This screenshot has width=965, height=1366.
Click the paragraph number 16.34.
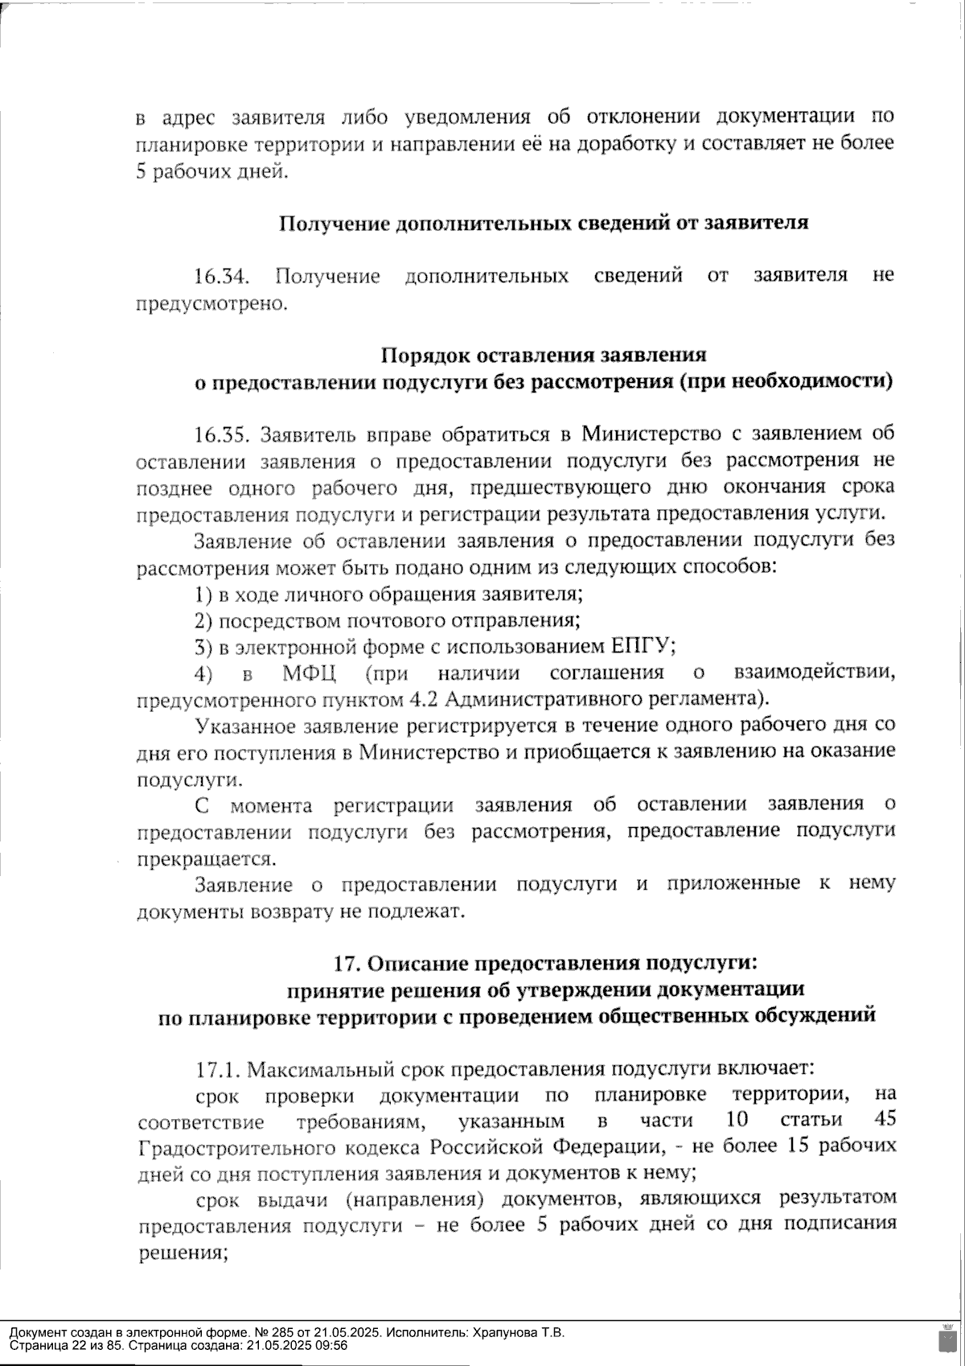tap(220, 277)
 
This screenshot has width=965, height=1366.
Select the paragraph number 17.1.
tap(218, 1070)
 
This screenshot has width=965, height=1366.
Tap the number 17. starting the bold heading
tap(348, 963)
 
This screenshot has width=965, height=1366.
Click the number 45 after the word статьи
tap(882, 1120)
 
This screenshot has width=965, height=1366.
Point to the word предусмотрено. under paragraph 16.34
tap(211, 304)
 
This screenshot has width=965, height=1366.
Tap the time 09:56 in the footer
tap(333, 1345)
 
